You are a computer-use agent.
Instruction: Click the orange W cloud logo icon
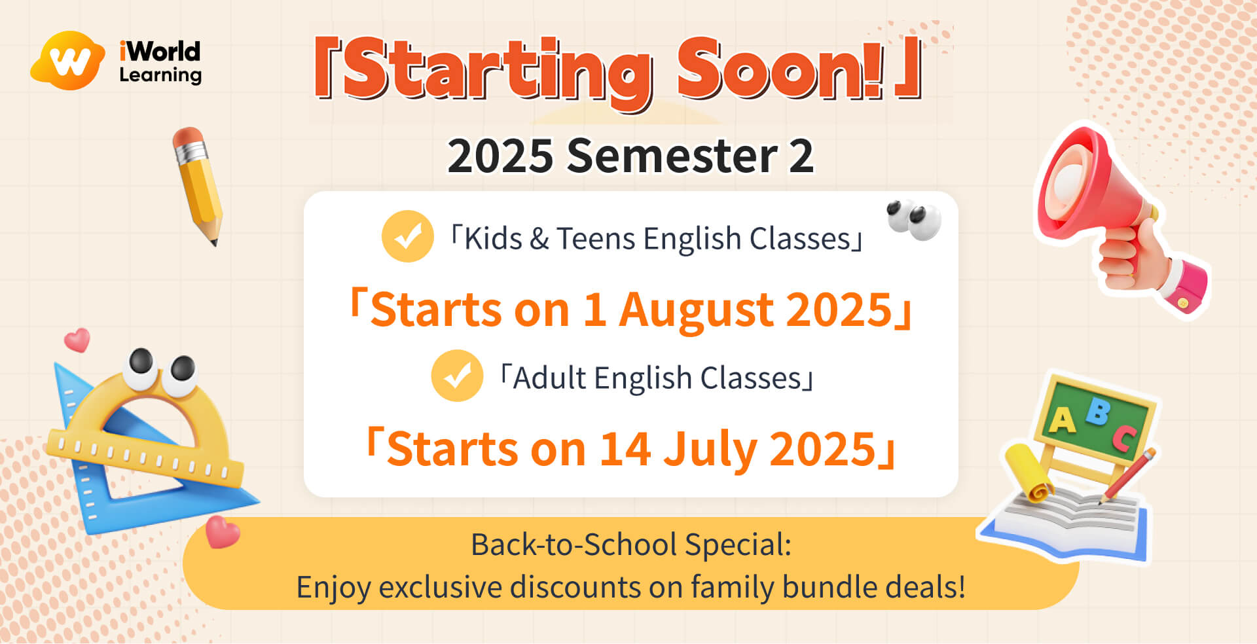pos(68,60)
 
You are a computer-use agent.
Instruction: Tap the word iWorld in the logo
pos(160,51)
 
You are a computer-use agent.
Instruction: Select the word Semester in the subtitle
pos(672,156)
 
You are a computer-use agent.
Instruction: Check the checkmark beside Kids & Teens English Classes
pos(407,236)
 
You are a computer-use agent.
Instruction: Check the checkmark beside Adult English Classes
pos(457,376)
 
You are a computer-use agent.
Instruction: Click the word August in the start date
pos(695,310)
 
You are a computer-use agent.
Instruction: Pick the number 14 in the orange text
pos(625,449)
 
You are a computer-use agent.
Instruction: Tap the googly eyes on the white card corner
pos(914,219)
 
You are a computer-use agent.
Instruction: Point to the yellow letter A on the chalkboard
pos(1062,420)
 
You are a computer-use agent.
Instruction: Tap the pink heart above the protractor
pos(77,340)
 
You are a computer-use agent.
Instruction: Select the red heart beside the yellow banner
pos(222,531)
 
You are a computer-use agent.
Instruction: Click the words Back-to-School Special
pos(631,545)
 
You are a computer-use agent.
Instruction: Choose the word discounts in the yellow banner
pos(575,586)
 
